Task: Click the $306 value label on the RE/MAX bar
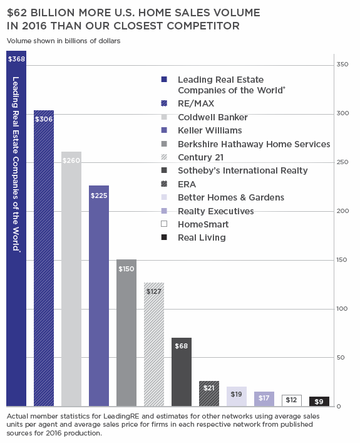coord(44,118)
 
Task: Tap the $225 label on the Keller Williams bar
coord(99,194)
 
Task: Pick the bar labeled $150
coord(126,332)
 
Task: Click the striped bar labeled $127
coord(154,345)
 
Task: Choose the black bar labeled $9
coord(319,401)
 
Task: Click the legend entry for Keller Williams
coord(209,130)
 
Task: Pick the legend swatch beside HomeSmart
coord(163,224)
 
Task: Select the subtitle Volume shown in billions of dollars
coord(63,41)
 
